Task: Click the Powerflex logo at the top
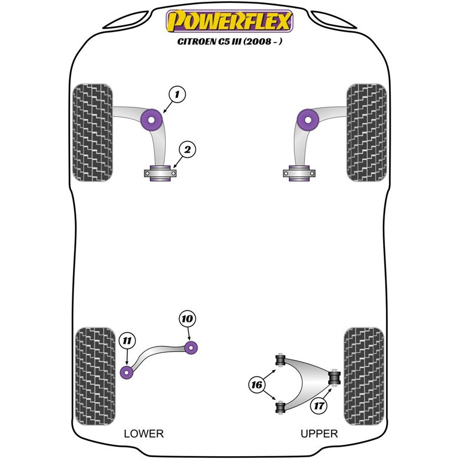pos(229,21)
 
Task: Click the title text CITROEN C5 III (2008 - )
pos(230,41)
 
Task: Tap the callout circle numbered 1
pos(177,94)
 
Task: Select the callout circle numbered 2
pos(187,150)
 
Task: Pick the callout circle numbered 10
pos(188,318)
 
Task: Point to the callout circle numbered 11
pos(127,341)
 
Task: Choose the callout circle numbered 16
pos(256,384)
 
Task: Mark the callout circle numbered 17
pos(319,406)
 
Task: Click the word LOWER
pos(144,434)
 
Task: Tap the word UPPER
pos(319,434)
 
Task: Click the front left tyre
pos(92,133)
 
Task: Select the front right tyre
pos(367,133)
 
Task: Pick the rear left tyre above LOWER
pos(95,376)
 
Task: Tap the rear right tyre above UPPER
pos(364,376)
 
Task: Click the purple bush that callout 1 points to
pos(151,120)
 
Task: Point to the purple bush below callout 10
pos(191,348)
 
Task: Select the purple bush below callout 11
pos(127,372)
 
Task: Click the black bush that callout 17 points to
pos(334,378)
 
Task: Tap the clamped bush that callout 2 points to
pos(160,173)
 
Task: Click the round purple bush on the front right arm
pos(308,120)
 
